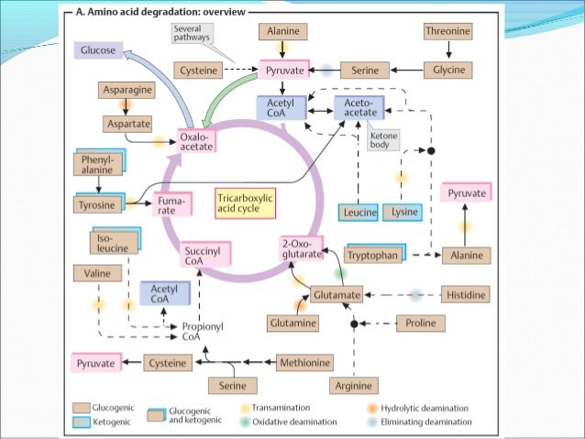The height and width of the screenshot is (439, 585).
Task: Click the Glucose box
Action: pyautogui.click(x=98, y=50)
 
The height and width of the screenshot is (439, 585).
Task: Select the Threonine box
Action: pyautogui.click(x=448, y=31)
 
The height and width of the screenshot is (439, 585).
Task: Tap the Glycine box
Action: pyautogui.click(x=448, y=70)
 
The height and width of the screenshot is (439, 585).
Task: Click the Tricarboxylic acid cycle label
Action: pyautogui.click(x=245, y=202)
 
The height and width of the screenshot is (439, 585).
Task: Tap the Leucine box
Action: pyautogui.click(x=358, y=213)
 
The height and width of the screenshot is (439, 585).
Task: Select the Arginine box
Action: pyautogui.click(x=353, y=386)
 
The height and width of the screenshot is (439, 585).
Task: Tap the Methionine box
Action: pyautogui.click(x=303, y=363)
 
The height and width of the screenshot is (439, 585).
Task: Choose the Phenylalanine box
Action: pyautogui.click(x=98, y=164)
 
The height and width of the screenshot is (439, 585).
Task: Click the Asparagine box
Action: pyautogui.click(x=127, y=91)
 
